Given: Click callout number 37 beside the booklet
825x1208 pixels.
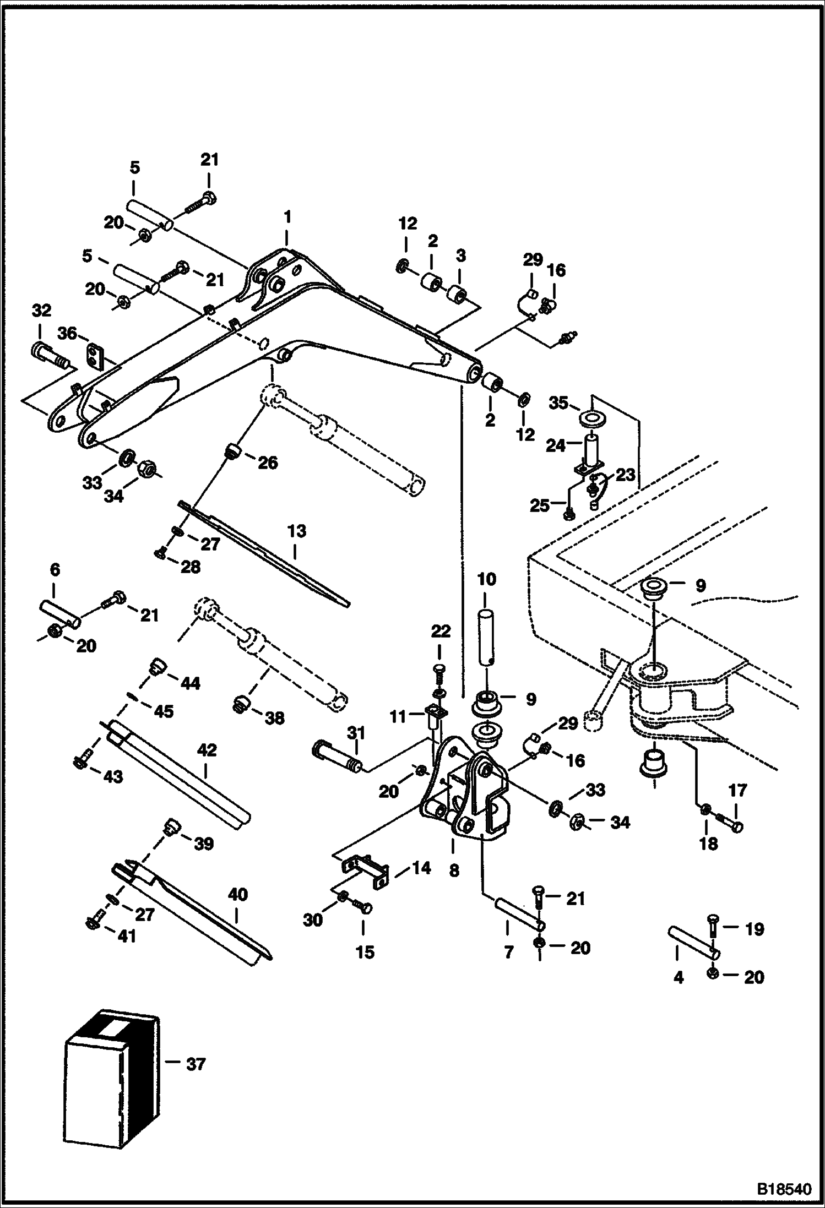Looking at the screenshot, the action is (196, 1065).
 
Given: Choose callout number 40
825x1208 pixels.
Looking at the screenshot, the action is (237, 894).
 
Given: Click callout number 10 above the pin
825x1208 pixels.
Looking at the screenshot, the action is (487, 579).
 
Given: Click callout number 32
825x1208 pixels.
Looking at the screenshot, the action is (41, 311).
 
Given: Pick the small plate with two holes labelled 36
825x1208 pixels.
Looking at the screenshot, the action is (97, 356).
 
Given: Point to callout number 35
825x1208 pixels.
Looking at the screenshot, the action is (558, 402).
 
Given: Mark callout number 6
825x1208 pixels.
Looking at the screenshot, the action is (55, 570).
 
